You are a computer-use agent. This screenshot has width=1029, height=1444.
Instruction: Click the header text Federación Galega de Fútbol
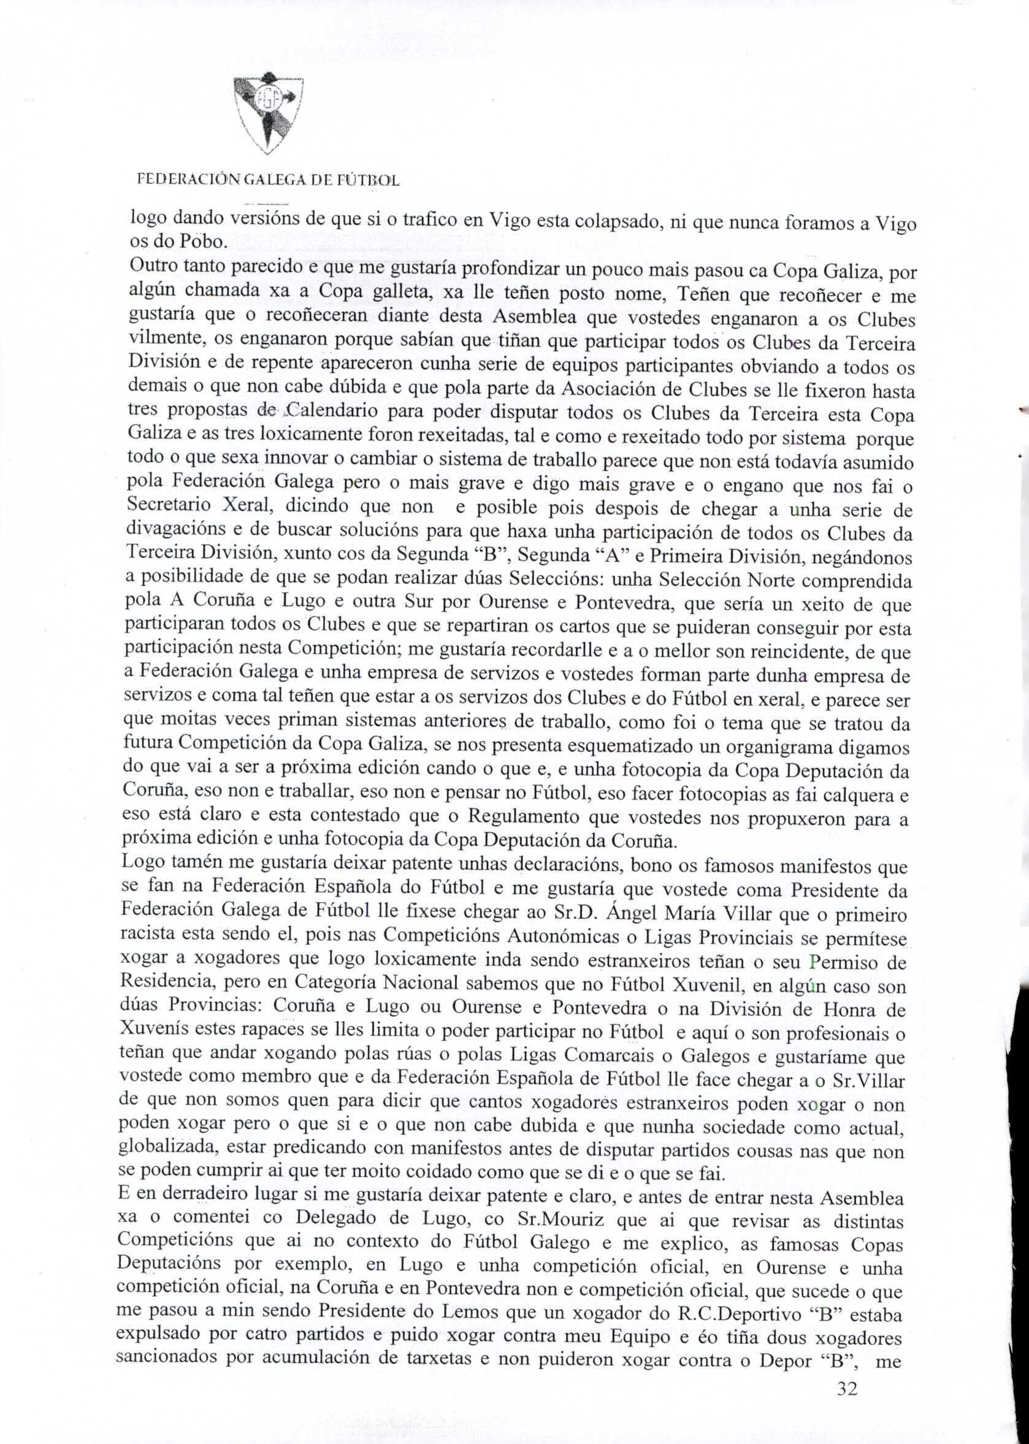[269, 181]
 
